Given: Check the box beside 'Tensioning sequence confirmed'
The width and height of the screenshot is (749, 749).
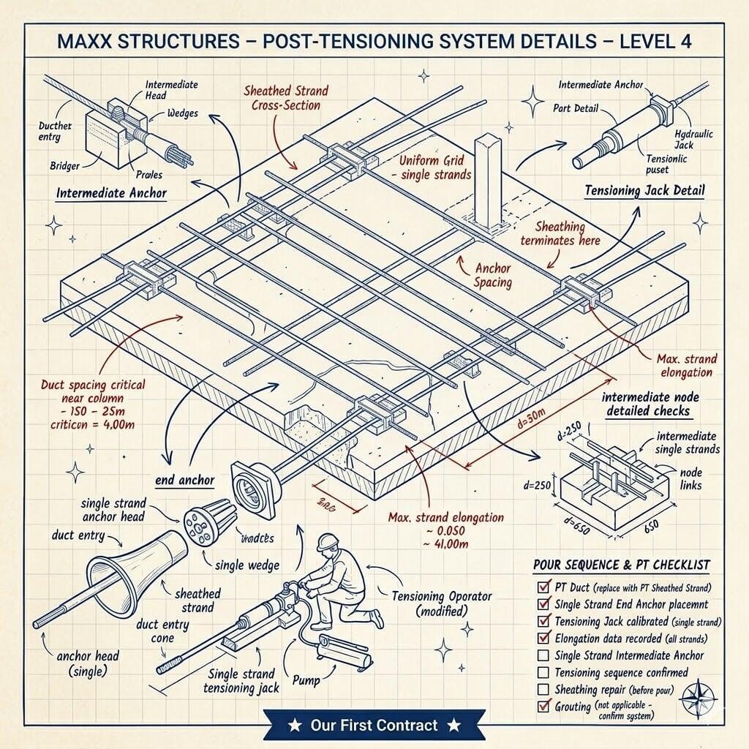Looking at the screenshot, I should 543,672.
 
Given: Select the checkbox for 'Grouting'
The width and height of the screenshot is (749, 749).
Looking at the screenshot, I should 543,707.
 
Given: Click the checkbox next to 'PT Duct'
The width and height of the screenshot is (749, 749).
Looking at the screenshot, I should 543,587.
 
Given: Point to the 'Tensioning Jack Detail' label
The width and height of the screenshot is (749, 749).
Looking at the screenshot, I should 644,190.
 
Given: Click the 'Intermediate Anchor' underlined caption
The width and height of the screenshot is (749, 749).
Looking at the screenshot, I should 112,194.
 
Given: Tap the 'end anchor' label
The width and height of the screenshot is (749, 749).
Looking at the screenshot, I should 185,480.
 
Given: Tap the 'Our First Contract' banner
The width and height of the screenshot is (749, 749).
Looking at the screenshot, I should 374,726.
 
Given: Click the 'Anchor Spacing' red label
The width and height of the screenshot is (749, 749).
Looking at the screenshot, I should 492,275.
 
